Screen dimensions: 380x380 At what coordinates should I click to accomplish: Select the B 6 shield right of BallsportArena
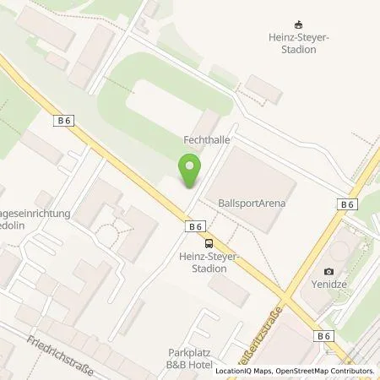[x=345, y=204]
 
